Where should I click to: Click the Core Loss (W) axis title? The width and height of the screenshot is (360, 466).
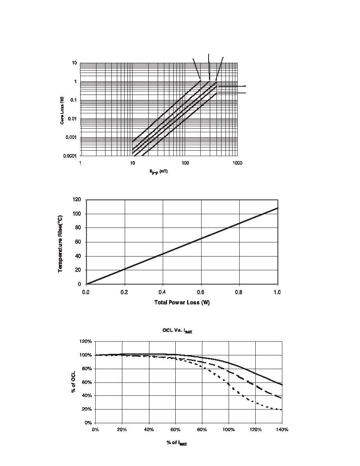point(62,111)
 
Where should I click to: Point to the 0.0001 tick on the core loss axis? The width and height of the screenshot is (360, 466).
point(70,156)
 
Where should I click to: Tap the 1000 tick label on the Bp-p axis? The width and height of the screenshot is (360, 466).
point(237,163)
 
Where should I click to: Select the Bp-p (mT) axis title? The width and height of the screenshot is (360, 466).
point(158,172)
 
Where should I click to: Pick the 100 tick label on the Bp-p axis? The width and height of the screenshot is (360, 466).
point(185,163)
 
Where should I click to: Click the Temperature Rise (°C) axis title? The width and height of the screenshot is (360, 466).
point(60,244)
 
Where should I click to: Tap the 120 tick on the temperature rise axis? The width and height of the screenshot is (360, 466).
point(76,199)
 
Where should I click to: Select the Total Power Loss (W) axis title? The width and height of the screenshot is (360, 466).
point(182,302)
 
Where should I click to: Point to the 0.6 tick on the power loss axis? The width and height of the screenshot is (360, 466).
point(200,293)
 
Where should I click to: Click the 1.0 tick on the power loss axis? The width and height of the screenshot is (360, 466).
point(277,293)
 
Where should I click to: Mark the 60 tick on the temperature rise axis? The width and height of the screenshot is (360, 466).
point(78,242)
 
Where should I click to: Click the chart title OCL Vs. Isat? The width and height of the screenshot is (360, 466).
point(177,331)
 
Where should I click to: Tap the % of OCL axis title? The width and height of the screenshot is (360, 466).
point(73,382)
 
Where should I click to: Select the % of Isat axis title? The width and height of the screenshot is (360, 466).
point(176,443)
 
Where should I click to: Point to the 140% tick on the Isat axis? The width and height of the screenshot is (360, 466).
point(282,430)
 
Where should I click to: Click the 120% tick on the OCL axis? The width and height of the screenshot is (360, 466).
point(86,341)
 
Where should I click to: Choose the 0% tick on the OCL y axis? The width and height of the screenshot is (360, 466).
point(88,422)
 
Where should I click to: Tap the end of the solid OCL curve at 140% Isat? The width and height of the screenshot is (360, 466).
point(282,385)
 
